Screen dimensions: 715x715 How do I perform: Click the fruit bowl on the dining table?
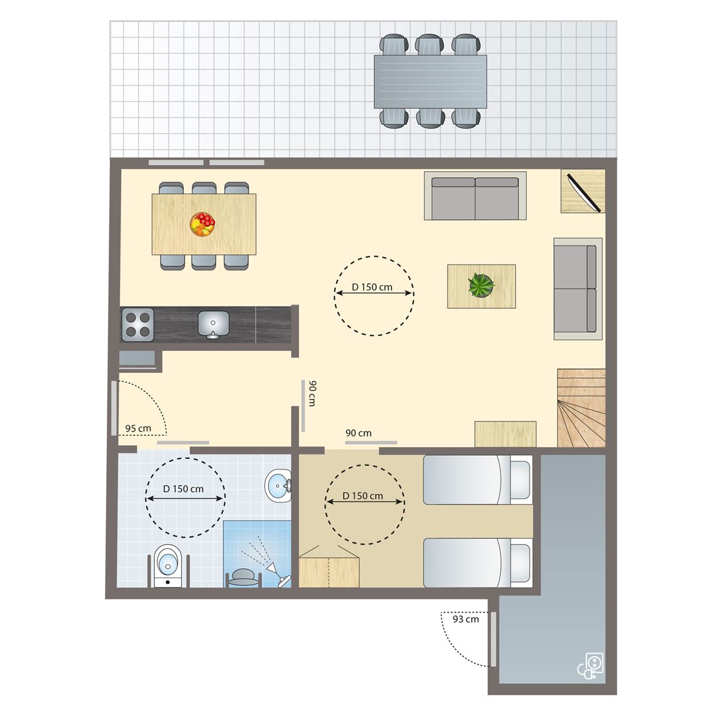[202, 224]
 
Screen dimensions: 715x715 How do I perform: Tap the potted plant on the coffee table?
[481, 285]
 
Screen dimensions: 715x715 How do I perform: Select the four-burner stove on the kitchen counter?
[138, 325]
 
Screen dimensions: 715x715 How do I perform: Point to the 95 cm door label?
[138, 428]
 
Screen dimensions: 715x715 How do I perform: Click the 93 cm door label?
[466, 619]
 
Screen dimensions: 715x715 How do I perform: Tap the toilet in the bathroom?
[168, 565]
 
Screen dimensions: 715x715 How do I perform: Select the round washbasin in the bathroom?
[278, 485]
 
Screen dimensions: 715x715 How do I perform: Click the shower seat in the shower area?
[244, 577]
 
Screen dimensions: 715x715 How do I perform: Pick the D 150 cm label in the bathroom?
[184, 489]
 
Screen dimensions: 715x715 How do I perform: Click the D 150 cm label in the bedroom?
[363, 496]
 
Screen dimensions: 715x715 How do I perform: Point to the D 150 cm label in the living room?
[372, 287]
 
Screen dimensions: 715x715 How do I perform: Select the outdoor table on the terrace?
[430, 82]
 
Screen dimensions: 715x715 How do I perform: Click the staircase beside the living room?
[581, 408]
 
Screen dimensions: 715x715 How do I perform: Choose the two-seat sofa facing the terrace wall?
[475, 196]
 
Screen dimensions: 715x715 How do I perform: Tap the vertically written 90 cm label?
[312, 393]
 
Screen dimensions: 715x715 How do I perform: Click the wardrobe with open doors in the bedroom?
[328, 567]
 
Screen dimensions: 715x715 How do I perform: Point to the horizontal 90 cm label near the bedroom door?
[358, 433]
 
